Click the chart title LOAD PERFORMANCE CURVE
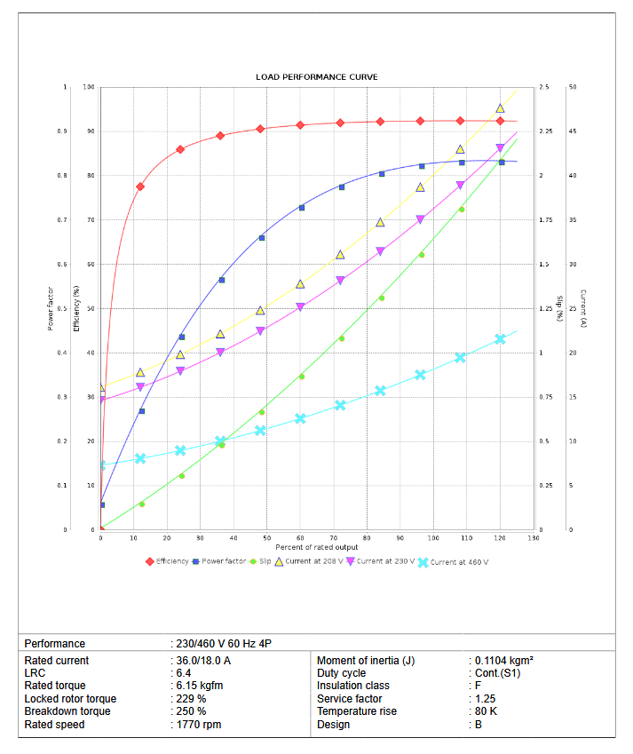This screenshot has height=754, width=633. pyautogui.click(x=316, y=77)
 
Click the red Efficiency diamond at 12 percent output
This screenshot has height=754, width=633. pyautogui.click(x=140, y=187)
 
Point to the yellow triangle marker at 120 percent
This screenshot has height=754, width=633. pyautogui.click(x=500, y=108)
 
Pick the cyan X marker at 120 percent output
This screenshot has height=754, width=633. pyautogui.click(x=500, y=339)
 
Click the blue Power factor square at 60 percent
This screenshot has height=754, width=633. pyautogui.click(x=302, y=208)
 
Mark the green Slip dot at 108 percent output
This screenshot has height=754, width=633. pyautogui.click(x=461, y=210)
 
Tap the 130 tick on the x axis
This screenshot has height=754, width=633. pyautogui.click(x=533, y=538)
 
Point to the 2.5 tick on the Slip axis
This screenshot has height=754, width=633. pyautogui.click(x=543, y=87)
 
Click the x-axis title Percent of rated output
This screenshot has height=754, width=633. pyautogui.click(x=316, y=547)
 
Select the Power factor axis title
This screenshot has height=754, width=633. pyautogui.click(x=51, y=308)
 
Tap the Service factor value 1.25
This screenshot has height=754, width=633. pyautogui.click(x=483, y=699)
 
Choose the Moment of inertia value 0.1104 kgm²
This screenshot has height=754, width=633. pyautogui.click(x=503, y=661)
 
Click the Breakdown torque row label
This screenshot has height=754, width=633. pyautogui.click(x=67, y=711)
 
